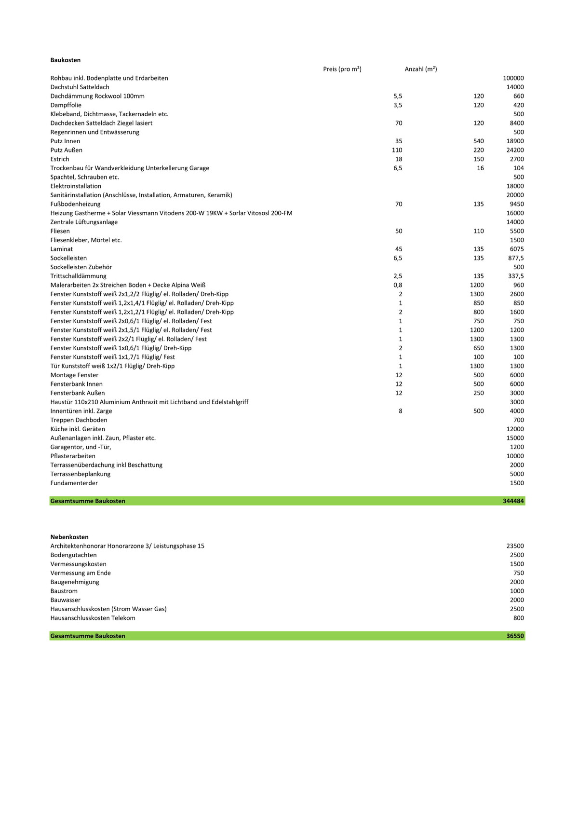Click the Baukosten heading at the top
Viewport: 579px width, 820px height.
click(x=66, y=60)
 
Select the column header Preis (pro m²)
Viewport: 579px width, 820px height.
click(x=342, y=69)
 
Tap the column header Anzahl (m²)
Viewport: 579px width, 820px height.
click(x=421, y=69)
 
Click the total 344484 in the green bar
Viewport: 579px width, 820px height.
click(x=513, y=501)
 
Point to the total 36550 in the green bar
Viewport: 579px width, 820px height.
click(x=515, y=636)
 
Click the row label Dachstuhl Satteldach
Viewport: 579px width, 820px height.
click(x=80, y=87)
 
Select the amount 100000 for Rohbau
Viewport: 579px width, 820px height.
click(x=513, y=78)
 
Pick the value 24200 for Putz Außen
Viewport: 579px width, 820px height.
click(x=515, y=150)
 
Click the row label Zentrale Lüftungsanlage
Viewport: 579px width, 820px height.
click(x=84, y=222)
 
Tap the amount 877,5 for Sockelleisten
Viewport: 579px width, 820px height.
click(x=515, y=258)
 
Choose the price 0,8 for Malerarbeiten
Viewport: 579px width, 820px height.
click(x=398, y=285)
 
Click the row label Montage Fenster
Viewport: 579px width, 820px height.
click(x=74, y=375)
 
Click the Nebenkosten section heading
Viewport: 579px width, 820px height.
click(x=69, y=537)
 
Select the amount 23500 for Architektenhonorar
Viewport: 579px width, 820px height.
click(x=515, y=546)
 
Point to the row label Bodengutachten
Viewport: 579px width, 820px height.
click(x=73, y=555)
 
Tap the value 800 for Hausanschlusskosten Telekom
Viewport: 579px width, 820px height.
click(x=518, y=618)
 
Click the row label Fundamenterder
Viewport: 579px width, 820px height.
click(x=74, y=483)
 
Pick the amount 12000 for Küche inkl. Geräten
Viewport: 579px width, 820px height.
click(x=515, y=429)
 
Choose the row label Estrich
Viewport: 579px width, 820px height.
click(x=60, y=159)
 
